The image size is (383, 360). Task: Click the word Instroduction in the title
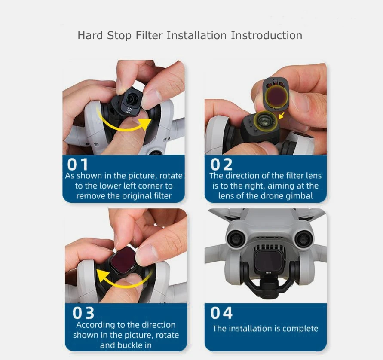point(267,35)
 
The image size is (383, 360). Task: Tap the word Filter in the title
point(149,35)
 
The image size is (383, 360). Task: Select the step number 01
point(78,164)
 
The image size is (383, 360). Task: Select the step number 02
point(221,164)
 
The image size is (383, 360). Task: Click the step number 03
point(83,313)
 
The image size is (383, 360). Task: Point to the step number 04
point(221,313)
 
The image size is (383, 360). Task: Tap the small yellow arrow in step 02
point(282,115)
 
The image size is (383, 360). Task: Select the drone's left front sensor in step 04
point(236,239)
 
